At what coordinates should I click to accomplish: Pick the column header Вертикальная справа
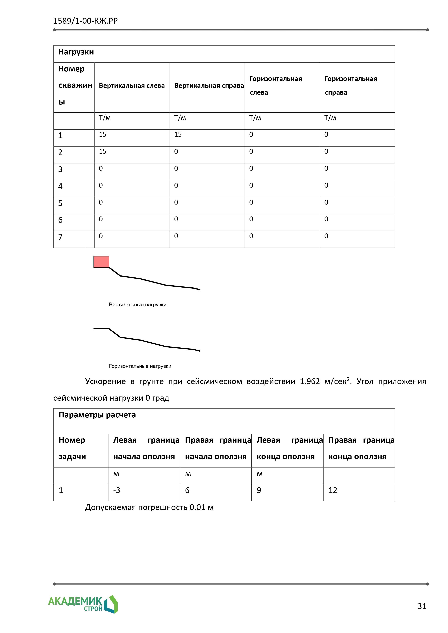(209, 86)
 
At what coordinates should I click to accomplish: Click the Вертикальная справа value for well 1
(178, 135)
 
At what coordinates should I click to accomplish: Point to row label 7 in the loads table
(60, 237)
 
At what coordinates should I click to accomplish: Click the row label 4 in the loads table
(60, 186)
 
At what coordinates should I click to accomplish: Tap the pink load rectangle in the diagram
(101, 262)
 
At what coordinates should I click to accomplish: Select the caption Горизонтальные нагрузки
(140, 366)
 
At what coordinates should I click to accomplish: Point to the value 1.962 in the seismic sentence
(310, 382)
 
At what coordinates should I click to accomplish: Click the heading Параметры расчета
(97, 415)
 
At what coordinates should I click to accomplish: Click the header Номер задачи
(72, 448)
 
